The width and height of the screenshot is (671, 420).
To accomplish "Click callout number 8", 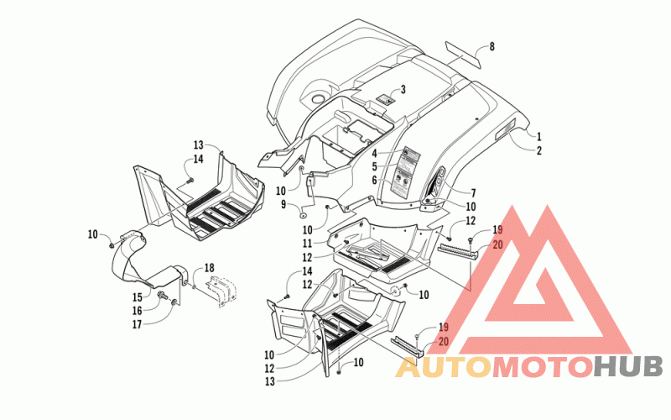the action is click(492, 46).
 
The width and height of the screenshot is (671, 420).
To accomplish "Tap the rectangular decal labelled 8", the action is click(463, 55).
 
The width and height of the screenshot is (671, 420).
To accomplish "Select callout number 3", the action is click(403, 90).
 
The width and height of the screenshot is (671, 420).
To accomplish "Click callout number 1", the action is click(538, 136).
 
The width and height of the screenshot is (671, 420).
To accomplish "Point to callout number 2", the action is click(538, 150).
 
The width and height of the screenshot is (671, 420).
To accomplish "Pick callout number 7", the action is click(473, 193).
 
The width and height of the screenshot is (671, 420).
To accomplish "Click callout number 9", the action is click(283, 205).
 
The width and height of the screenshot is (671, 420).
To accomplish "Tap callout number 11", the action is click(307, 244).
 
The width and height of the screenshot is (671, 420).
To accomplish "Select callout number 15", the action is click(137, 297).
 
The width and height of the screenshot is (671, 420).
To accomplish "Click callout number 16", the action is click(137, 311).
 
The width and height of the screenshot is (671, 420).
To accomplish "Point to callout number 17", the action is click(137, 324).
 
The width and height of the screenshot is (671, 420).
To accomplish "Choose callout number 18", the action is click(209, 268).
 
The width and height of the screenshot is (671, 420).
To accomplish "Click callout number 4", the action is click(374, 154).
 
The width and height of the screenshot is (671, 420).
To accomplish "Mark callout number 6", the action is click(374, 181).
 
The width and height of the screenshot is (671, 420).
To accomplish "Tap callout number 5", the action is click(374, 167).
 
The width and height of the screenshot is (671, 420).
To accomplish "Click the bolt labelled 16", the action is click(163, 295).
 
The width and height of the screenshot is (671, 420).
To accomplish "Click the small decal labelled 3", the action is click(385, 100).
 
